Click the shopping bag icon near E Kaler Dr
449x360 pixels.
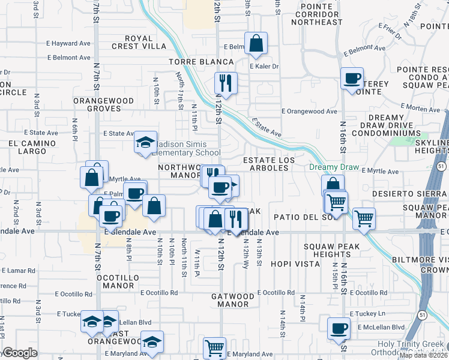click(256, 44)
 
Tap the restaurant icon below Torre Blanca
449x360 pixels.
click(226, 83)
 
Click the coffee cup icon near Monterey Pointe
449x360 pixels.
click(352, 78)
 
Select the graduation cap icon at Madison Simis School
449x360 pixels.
click(145, 142)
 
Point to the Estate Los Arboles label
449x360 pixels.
click(266, 164)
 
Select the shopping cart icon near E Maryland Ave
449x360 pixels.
click(214, 347)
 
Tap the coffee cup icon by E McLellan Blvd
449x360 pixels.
click(339, 328)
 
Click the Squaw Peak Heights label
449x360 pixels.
click(331, 250)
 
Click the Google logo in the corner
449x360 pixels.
click(19, 353)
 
